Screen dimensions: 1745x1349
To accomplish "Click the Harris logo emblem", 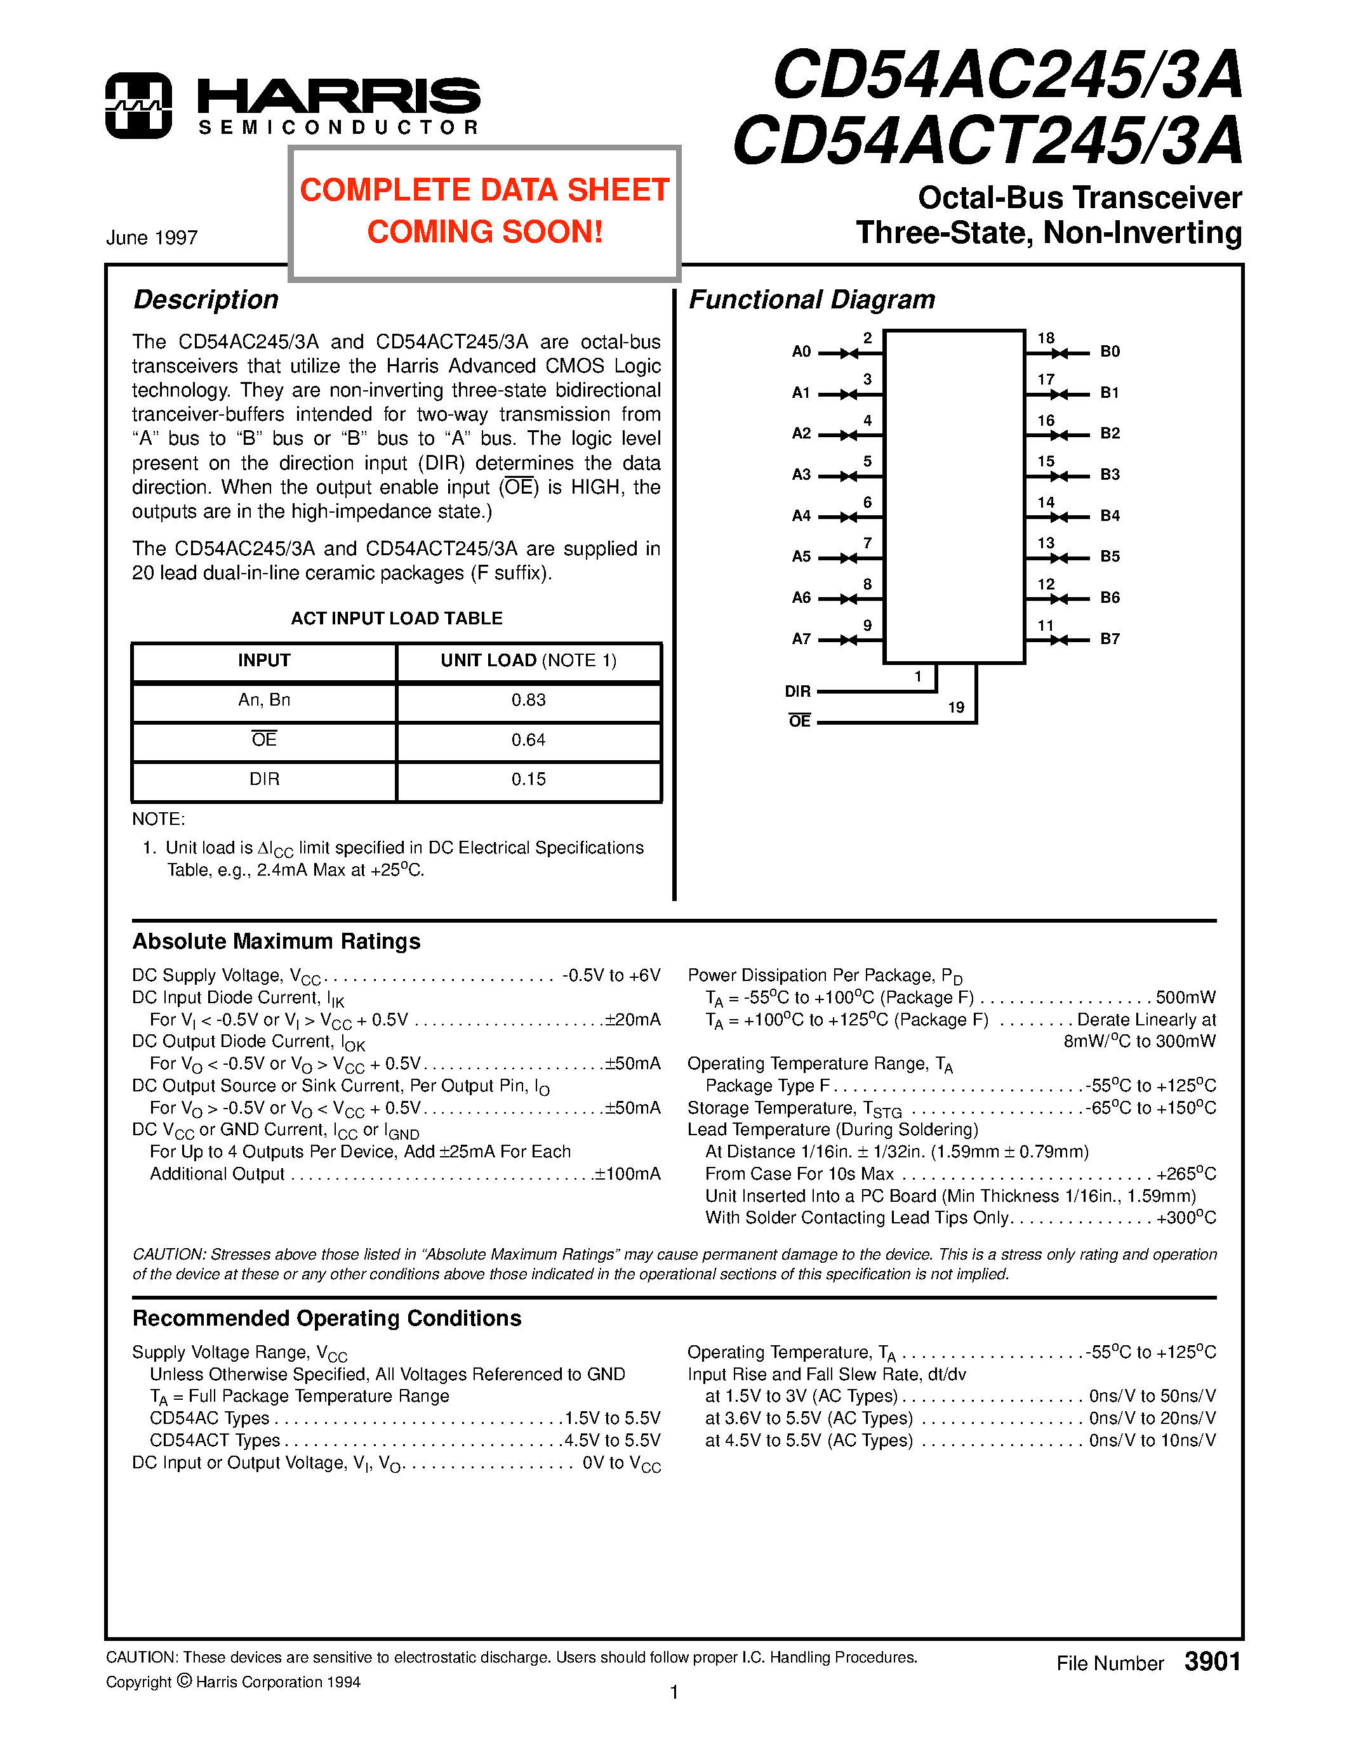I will (x=138, y=105).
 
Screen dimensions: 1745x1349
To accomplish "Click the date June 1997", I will (x=152, y=238).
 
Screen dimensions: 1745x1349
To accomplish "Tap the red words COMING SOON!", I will (x=484, y=232).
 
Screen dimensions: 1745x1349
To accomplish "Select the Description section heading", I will (x=206, y=300).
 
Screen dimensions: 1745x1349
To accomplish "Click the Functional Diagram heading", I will (x=811, y=300).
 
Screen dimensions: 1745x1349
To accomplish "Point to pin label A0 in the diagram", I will (x=801, y=352).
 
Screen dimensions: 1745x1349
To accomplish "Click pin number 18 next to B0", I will (x=1046, y=338).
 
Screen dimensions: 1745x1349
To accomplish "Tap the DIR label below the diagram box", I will (x=797, y=691).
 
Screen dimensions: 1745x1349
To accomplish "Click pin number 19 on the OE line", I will (x=956, y=707).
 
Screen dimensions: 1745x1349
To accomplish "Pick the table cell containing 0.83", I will (x=528, y=700).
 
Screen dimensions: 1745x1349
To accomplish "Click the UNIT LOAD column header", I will (x=528, y=661).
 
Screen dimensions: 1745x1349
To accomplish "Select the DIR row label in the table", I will (x=265, y=779).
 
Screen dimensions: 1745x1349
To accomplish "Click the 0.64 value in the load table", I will (x=528, y=740).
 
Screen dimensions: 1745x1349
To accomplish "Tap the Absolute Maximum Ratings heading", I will (x=277, y=941).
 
